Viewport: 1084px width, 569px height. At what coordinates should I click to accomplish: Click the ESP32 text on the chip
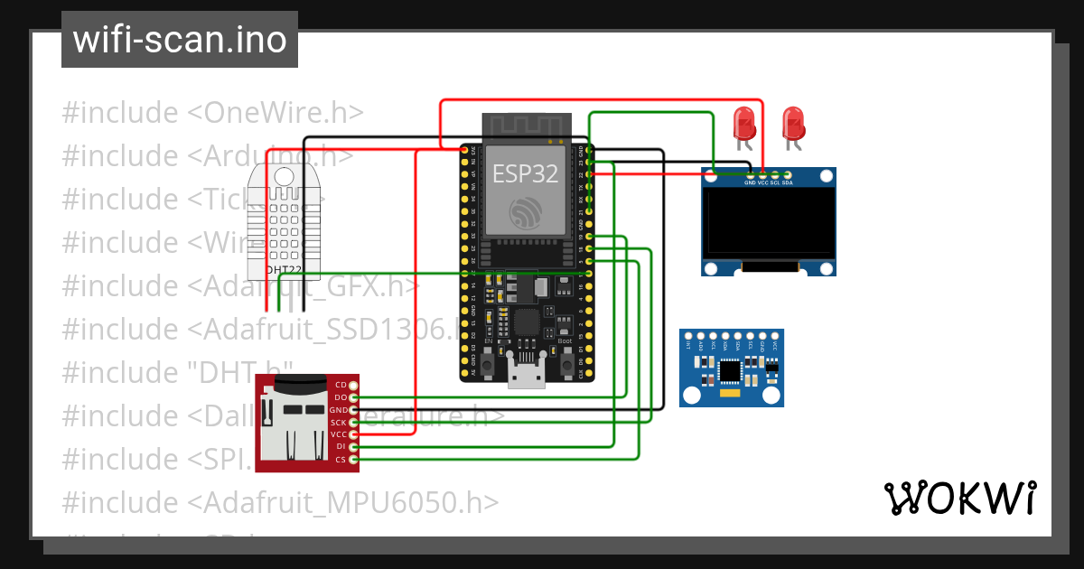525,173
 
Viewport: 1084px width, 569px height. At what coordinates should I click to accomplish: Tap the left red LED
744,123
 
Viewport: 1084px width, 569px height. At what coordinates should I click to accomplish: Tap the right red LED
792,123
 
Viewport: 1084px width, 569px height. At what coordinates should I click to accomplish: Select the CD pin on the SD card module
353,385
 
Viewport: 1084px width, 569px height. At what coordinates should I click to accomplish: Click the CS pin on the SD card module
353,460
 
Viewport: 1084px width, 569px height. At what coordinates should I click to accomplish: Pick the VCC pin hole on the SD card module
353,434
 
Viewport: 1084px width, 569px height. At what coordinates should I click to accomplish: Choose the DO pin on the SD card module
353,397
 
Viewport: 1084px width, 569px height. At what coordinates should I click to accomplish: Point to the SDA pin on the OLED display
787,174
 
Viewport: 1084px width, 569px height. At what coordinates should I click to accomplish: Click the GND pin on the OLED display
750,174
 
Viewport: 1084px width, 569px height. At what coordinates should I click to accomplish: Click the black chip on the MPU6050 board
730,369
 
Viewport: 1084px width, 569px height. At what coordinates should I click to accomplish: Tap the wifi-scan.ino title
180,40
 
